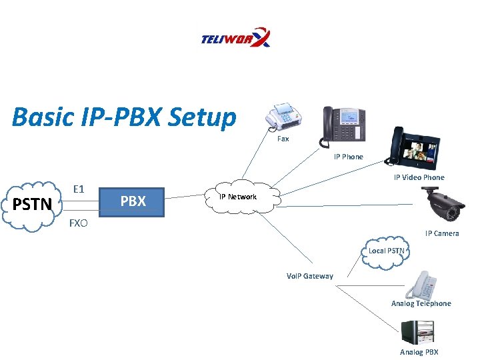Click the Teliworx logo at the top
(235, 37)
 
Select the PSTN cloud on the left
(33, 204)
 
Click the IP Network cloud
(238, 197)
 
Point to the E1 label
(78, 189)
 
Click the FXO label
(78, 223)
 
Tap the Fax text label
(283, 139)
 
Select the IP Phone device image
(344, 125)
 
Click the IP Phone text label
(349, 157)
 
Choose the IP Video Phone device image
(415, 148)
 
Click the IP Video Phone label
(419, 177)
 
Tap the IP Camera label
(442, 233)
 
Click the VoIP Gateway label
(309, 276)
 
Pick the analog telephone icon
(422, 285)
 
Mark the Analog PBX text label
(419, 352)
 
